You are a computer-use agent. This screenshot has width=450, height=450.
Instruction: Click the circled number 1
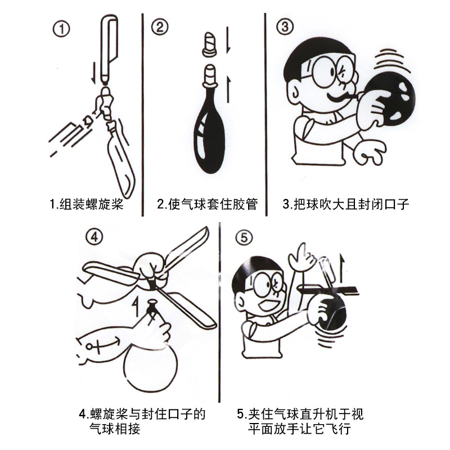61,29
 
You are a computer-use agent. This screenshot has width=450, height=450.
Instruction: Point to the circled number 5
243,237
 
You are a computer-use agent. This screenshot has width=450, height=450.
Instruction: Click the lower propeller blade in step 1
120,160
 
